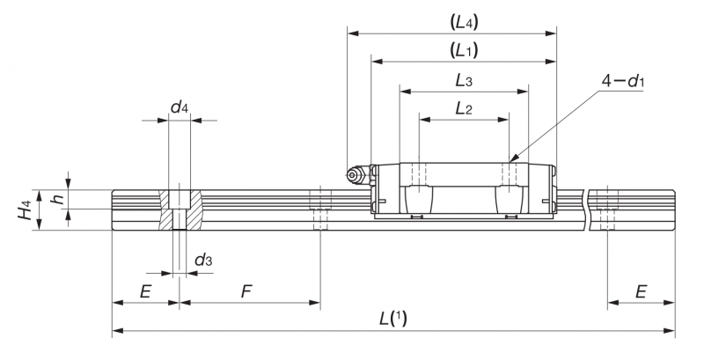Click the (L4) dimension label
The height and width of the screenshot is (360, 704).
tap(464, 22)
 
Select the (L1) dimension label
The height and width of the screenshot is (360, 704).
tap(464, 50)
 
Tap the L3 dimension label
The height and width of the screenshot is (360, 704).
tap(464, 81)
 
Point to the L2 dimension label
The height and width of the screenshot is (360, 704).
tap(464, 108)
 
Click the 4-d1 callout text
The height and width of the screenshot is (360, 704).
tap(623, 82)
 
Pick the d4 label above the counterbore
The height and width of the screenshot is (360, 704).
tap(180, 107)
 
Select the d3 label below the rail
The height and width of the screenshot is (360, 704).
tap(203, 260)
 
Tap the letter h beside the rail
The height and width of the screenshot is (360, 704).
tap(58, 198)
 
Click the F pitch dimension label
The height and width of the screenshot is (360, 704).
tap(246, 292)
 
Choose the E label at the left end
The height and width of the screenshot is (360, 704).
tap(145, 292)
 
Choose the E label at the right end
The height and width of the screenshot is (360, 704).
tap(641, 292)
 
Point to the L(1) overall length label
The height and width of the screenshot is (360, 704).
tap(393, 320)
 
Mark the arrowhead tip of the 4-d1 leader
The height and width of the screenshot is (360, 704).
tap(510, 162)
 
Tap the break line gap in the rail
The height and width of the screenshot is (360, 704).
tap(587, 210)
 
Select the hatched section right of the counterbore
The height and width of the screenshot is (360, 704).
tap(194, 210)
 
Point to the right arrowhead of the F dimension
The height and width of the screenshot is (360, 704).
tap(315, 303)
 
